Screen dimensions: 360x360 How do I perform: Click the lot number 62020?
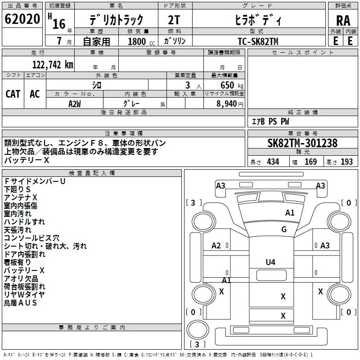[x=22, y=19]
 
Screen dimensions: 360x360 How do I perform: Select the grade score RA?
[x=343, y=21]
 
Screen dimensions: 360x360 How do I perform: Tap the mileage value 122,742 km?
[x=53, y=65]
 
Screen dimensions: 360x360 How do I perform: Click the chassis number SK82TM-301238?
[x=302, y=143]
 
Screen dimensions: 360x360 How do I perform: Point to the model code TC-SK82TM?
[x=258, y=41]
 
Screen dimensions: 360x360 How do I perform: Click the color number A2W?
[x=75, y=104]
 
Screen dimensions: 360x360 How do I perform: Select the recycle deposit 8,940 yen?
[x=230, y=104]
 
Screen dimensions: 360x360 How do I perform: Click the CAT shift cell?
[x=13, y=94]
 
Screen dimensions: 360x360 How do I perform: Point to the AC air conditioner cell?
[x=35, y=94]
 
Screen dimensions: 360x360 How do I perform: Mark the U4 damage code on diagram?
[x=270, y=262]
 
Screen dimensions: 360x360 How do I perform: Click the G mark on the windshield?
[x=284, y=229]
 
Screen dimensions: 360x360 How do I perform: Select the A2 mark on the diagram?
[x=216, y=246]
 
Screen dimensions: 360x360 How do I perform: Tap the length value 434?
[x=273, y=162]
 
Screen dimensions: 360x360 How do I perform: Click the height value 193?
[x=346, y=162]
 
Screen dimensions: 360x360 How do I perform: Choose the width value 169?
[x=310, y=162]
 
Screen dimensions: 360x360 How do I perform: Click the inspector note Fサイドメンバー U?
[x=35, y=181]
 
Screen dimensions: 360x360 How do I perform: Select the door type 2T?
[x=174, y=20]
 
